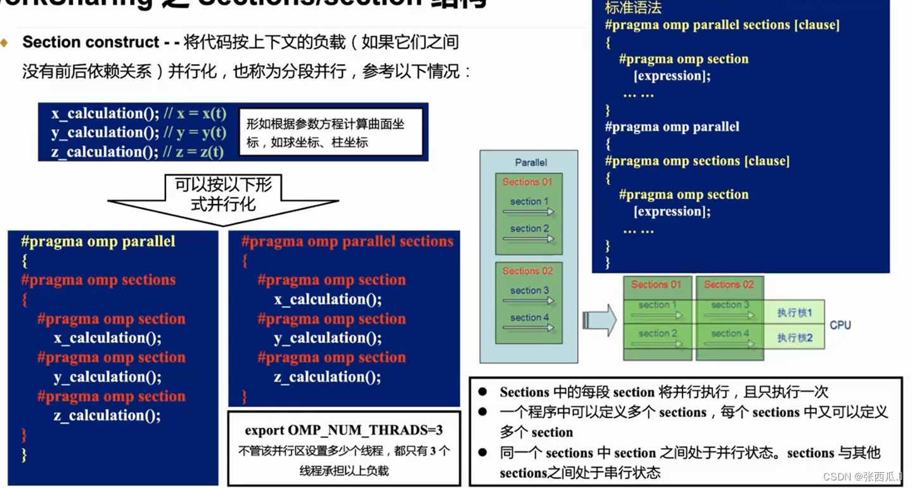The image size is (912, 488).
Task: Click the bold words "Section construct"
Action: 91,42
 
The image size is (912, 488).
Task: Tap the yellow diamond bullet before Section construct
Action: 6,42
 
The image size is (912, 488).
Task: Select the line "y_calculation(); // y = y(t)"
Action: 138,132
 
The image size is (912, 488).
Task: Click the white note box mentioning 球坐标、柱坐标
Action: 330,133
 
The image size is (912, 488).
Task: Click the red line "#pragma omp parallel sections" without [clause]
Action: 347,241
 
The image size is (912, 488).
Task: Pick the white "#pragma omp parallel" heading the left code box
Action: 98,241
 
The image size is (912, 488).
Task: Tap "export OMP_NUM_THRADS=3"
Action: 344,430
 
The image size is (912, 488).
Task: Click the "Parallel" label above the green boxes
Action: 531,162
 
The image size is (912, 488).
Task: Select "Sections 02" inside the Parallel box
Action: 527,271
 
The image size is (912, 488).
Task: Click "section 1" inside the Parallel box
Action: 529,202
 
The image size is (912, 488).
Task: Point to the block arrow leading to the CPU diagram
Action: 600,319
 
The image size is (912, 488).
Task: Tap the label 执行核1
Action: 794,313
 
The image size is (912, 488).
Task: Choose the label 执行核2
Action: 794,338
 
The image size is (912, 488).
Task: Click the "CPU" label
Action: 840,325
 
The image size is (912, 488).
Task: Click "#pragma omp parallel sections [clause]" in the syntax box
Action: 722,25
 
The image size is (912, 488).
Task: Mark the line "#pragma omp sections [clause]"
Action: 697,161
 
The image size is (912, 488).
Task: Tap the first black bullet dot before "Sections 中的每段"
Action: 483,392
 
